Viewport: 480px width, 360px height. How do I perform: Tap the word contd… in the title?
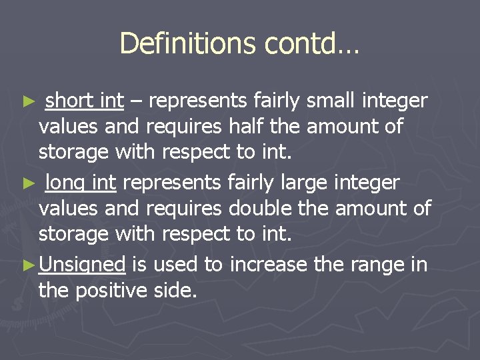[312, 44]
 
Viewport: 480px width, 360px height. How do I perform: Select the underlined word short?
[69, 101]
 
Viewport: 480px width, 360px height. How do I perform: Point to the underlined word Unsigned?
[82, 265]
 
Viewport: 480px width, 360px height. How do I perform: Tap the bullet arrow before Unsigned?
[29, 266]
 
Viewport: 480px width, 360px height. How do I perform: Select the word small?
[331, 101]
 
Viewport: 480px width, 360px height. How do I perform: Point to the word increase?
[269, 265]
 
